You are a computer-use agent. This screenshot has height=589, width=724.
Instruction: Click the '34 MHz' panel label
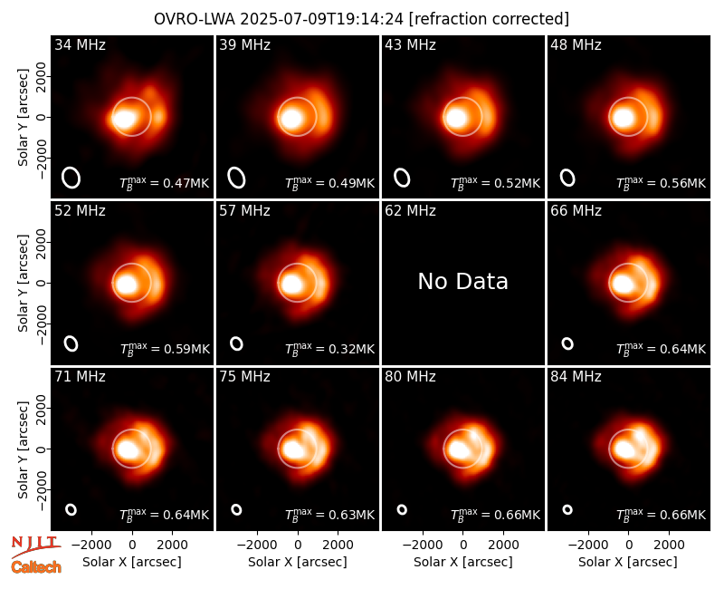(80, 44)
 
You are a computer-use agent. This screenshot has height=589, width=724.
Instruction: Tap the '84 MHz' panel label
(576, 377)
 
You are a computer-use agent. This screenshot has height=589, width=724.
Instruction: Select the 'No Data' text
(462, 281)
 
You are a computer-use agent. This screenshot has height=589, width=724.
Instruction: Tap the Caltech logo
(36, 567)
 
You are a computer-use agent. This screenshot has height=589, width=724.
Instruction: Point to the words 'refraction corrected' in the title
(489, 19)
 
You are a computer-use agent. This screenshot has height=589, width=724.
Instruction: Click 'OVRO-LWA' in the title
(195, 19)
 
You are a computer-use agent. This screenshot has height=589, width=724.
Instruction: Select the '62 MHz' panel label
(410, 211)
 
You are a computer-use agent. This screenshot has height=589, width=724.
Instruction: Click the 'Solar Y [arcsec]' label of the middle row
(23, 283)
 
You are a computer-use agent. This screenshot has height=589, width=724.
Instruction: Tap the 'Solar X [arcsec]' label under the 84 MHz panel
(628, 562)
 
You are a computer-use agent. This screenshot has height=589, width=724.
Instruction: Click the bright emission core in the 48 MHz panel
(623, 118)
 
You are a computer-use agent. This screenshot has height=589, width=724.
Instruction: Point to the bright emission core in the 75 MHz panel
(293, 449)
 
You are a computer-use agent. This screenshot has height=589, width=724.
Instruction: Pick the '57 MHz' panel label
(244, 211)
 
